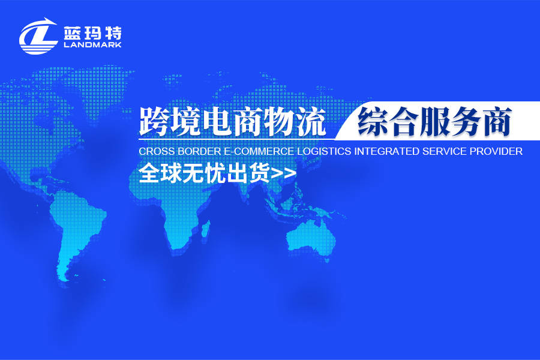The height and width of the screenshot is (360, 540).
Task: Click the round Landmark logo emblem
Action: click(x=38, y=35)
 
